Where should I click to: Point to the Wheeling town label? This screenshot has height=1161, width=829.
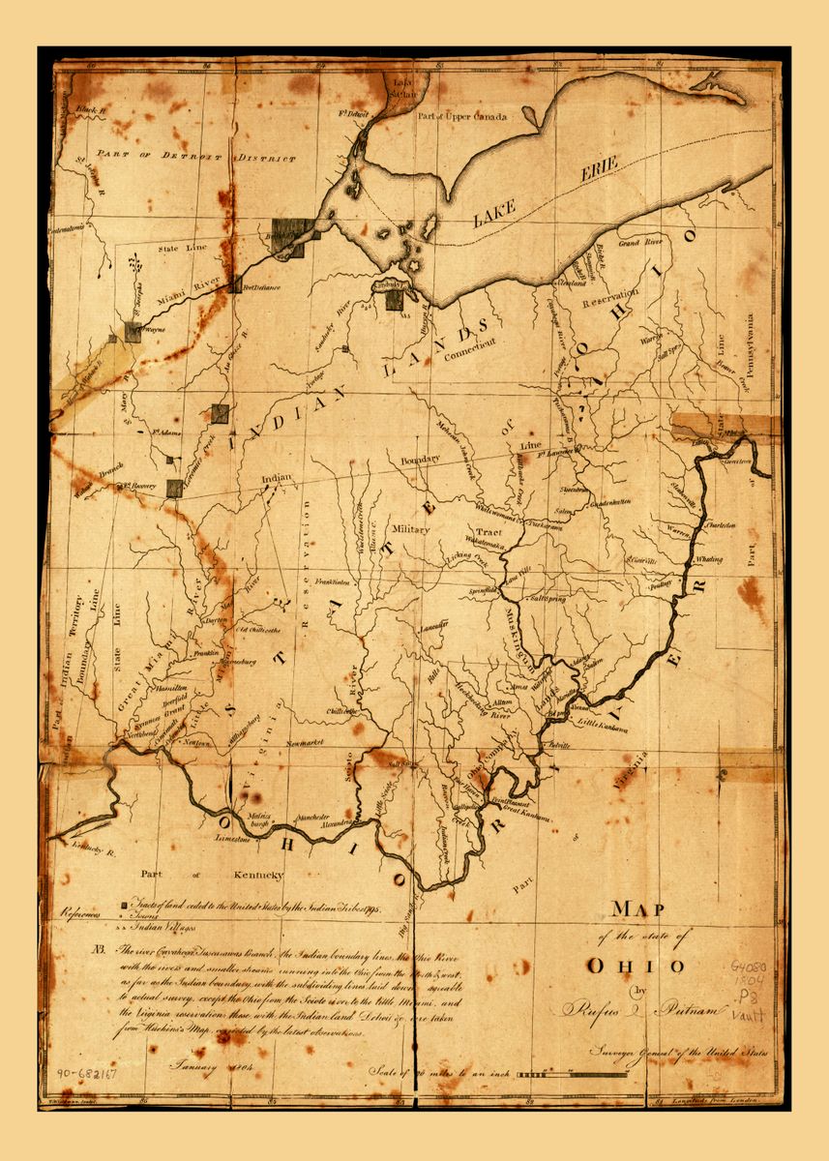click(708, 559)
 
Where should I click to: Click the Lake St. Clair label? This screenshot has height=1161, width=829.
click(400, 88)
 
